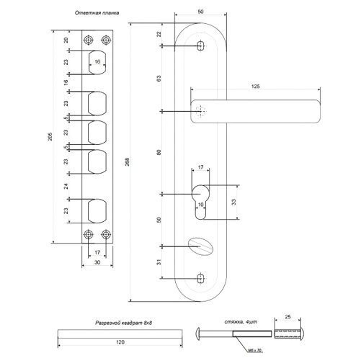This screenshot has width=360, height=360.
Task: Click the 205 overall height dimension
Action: pyautogui.click(x=51, y=136)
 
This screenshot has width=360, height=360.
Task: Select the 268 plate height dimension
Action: pyautogui.click(x=127, y=162)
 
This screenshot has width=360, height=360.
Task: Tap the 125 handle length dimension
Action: pyautogui.click(x=256, y=86)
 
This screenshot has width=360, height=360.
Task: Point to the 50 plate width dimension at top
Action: pyautogui.click(x=201, y=12)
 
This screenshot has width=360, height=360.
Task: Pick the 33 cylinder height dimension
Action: pyautogui.click(x=234, y=202)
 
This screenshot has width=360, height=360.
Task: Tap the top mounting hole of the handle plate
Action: pyautogui.click(x=201, y=46)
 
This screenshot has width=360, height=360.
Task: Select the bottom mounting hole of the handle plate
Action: pyautogui.click(x=201, y=278)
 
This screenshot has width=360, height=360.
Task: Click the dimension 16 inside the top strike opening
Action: pyautogui.click(x=97, y=62)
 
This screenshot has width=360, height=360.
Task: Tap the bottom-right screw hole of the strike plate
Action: pyautogui.click(x=105, y=235)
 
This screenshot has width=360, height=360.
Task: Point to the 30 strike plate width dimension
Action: pyautogui.click(x=97, y=262)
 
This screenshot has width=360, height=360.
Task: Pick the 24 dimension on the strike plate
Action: pyautogui.click(x=66, y=186)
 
